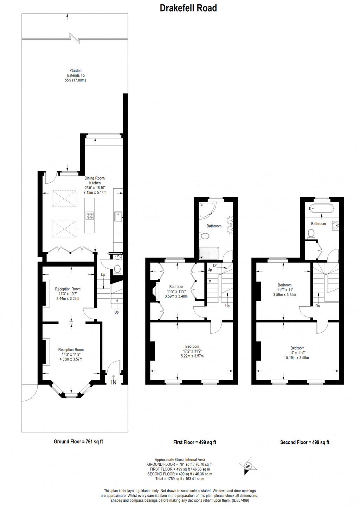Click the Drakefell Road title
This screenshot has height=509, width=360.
click(x=188, y=8)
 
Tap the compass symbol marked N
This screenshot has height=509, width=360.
click(x=247, y=466)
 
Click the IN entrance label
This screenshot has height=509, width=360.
click(x=114, y=382)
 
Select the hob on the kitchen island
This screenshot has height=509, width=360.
click(x=90, y=216)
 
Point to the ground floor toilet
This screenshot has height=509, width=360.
click(x=117, y=269)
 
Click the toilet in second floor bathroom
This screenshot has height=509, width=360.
click(x=311, y=233)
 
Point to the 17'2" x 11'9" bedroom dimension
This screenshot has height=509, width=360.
click(x=192, y=351)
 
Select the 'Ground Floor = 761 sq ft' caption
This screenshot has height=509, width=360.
click(x=78, y=442)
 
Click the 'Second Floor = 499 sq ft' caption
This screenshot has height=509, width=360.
click(x=304, y=442)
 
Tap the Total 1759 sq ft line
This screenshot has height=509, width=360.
click(x=180, y=478)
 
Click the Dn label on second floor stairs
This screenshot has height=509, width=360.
click(x=317, y=306)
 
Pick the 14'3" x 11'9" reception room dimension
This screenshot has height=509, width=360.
click(x=71, y=354)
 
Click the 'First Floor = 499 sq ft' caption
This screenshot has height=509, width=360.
click(x=194, y=442)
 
